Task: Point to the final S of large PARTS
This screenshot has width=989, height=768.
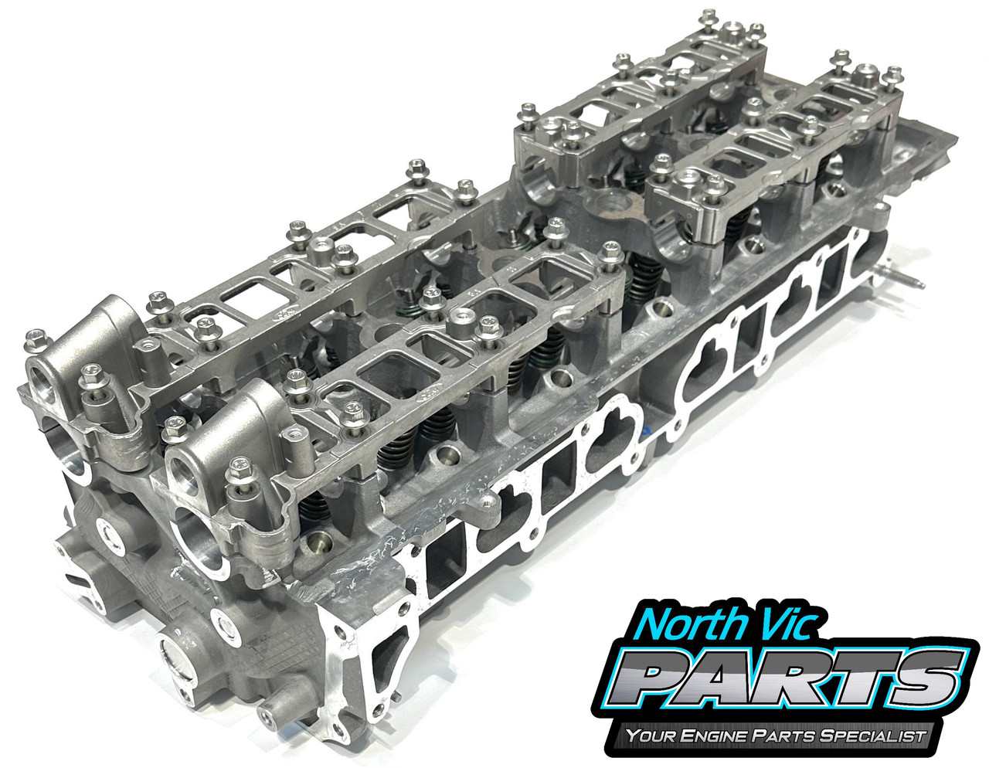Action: [x=927, y=675]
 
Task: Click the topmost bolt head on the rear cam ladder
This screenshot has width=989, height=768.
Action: [x=709, y=17]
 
